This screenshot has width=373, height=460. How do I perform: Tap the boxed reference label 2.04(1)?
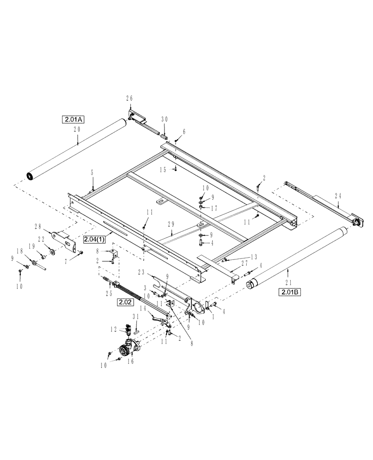[x=95, y=239]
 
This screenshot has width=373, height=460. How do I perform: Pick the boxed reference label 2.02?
[x=125, y=302]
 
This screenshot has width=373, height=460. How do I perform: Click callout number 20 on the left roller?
[x=77, y=130]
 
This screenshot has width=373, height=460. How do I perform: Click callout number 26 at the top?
[x=129, y=98]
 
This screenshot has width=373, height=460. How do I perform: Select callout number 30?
[x=165, y=119]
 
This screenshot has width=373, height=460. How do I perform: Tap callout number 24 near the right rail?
[x=339, y=195]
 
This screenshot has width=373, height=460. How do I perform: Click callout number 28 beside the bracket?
[x=38, y=226]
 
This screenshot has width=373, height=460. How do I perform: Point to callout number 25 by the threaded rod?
[x=109, y=293]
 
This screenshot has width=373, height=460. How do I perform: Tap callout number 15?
[x=163, y=169]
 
